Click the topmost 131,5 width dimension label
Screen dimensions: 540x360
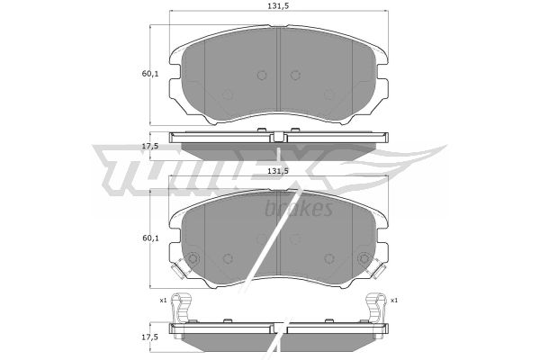[278, 6]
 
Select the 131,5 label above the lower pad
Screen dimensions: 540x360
[278, 171]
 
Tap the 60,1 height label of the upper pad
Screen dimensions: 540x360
[150, 74]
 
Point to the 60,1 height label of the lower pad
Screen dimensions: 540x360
[150, 238]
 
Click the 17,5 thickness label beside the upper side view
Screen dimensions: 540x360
[150, 146]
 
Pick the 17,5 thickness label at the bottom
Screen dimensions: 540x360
[150, 337]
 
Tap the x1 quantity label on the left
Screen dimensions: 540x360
[163, 301]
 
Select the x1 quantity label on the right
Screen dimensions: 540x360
[394, 301]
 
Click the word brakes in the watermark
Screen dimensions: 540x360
[299, 209]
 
